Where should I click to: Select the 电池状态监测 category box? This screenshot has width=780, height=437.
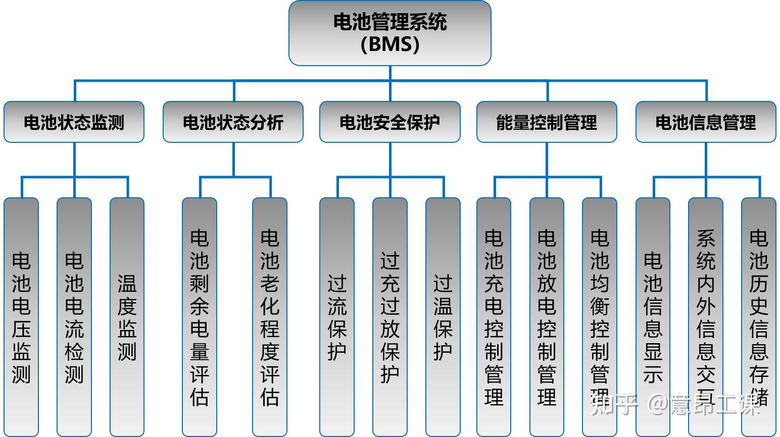tap(74, 122)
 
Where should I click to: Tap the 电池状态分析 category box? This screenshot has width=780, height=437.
tap(233, 122)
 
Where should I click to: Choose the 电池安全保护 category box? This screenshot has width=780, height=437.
tap(389, 122)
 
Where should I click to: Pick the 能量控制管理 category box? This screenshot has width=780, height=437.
tap(547, 122)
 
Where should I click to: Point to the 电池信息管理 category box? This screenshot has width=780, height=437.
tap(705, 122)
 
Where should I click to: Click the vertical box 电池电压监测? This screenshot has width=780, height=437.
tap(21, 317)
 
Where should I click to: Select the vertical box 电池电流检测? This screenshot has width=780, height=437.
tap(74, 317)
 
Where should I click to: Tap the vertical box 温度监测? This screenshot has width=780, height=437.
tap(127, 317)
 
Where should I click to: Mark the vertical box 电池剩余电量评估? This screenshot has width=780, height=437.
tap(200, 317)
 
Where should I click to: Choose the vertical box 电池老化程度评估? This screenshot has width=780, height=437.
tap(270, 317)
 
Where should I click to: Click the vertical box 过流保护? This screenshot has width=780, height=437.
tap(337, 317)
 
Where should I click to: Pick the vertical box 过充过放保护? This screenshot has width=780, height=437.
tap(390, 317)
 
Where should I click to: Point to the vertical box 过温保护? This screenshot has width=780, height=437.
tap(443, 317)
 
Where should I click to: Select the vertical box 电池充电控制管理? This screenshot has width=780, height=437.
tap(494, 317)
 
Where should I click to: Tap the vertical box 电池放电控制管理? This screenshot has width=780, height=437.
tap(547, 317)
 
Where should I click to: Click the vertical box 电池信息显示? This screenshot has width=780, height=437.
tap(653, 317)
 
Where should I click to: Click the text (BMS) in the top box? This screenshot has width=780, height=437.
tap(389, 44)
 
